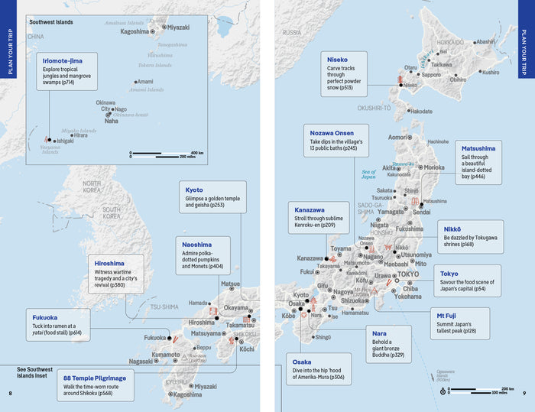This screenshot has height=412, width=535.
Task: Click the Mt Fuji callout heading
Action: pos(452,315)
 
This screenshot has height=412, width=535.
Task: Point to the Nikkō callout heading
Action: pos(452,229)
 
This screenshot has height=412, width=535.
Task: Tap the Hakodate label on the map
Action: pos(420,111)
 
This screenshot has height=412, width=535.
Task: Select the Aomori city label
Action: pos(398,137)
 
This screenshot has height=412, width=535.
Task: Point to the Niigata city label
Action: pos(380,225)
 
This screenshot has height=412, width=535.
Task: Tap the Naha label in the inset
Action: pos(111,121)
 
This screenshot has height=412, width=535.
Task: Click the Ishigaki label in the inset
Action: pos(65,141)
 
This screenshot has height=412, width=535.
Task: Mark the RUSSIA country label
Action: pos(291,33)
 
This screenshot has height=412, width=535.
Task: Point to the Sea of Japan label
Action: pos(370,174)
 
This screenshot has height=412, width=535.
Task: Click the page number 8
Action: pos(10,394)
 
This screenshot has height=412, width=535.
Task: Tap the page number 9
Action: pos(524,394)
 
